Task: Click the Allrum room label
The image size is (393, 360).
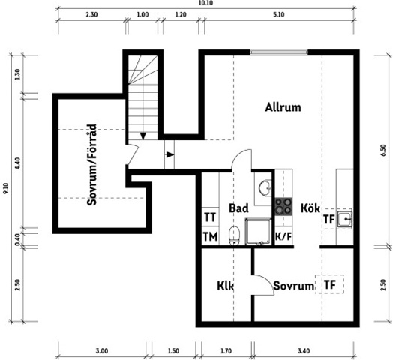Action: click(x=283, y=107)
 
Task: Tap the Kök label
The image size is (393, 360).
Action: click(x=310, y=208)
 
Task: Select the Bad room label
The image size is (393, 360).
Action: click(x=238, y=208)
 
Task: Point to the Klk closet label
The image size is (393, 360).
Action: click(x=225, y=286)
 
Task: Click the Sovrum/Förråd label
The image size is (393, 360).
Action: click(x=91, y=165)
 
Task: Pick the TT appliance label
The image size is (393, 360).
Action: click(x=210, y=217)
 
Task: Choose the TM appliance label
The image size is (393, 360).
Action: click(x=210, y=236)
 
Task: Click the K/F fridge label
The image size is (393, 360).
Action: click(x=283, y=236)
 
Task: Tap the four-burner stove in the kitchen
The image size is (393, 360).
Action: click(x=283, y=206)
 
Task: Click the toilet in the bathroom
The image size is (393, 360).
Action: click(x=234, y=235)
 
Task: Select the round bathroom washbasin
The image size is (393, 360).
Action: click(x=265, y=187)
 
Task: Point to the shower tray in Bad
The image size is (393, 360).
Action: click(x=258, y=232)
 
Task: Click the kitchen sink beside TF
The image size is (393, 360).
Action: click(x=345, y=219)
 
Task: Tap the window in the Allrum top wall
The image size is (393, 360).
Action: click(x=279, y=52)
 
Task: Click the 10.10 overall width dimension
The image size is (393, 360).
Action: click(x=207, y=3)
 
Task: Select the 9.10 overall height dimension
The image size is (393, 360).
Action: click(x=5, y=188)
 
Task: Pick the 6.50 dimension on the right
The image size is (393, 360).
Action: click(x=383, y=151)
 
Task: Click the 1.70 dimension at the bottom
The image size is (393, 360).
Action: click(x=226, y=351)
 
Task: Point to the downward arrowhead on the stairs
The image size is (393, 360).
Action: click(x=142, y=136)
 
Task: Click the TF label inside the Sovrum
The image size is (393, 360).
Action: click(x=330, y=284)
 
